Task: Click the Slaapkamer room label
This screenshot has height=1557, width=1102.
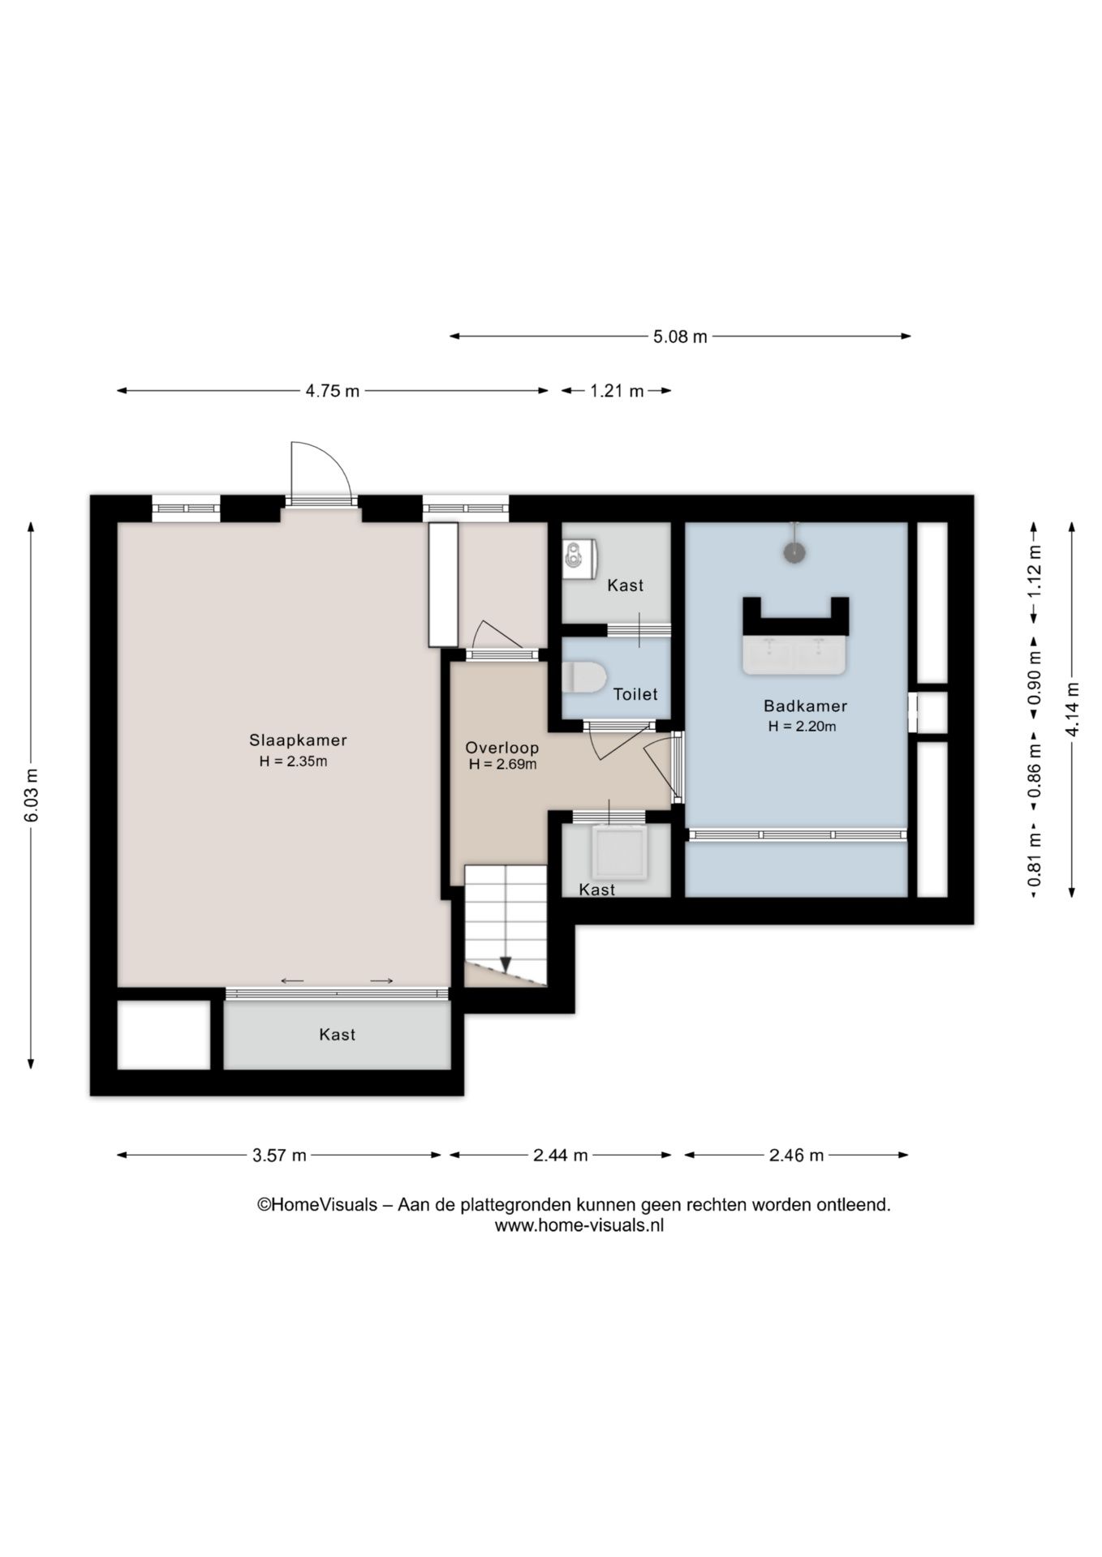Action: click(x=298, y=740)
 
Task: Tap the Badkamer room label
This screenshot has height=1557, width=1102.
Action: click(x=805, y=706)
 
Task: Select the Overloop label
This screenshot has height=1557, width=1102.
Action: click(x=501, y=748)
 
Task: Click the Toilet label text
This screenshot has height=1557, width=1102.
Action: click(x=635, y=694)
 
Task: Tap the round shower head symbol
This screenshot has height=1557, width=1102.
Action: click(x=795, y=552)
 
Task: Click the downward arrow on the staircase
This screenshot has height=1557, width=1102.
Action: click(x=506, y=963)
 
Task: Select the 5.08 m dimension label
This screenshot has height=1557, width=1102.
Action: click(x=680, y=337)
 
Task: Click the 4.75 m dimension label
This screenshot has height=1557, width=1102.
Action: click(x=332, y=391)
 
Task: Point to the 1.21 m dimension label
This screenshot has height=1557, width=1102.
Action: click(x=617, y=391)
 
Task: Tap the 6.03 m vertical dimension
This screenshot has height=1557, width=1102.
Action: click(x=32, y=795)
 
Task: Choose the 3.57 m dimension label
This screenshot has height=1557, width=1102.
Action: click(x=279, y=1156)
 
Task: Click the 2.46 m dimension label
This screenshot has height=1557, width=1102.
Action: click(x=796, y=1156)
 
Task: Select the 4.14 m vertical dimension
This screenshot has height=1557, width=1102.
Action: click(x=1073, y=710)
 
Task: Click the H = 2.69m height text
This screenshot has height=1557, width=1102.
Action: click(x=502, y=764)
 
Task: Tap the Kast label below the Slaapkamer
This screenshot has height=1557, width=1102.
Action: click(x=337, y=1035)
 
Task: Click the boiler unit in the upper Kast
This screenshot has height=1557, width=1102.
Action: click(x=580, y=558)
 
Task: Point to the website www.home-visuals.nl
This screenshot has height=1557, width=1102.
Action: click(x=579, y=1226)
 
